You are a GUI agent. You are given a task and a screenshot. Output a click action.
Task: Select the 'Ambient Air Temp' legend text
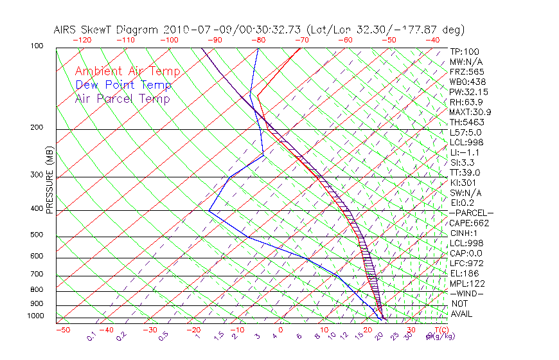(128, 71)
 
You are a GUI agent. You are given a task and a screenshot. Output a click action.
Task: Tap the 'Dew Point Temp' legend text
(123, 85)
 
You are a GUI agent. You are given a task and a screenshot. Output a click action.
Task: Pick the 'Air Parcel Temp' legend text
(123, 98)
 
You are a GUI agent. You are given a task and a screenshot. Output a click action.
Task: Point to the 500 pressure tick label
(37, 235)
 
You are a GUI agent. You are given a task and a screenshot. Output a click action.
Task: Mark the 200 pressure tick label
(37, 128)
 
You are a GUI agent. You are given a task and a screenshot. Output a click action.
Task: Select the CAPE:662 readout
(469, 223)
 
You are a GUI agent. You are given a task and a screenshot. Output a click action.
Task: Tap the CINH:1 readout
(464, 233)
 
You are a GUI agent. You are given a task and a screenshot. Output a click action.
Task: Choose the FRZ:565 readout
(466, 71)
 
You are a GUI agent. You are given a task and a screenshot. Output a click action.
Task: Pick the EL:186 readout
(464, 273)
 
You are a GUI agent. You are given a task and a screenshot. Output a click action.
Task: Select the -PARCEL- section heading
(471, 213)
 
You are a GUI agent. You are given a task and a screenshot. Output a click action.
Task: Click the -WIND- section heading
(466, 293)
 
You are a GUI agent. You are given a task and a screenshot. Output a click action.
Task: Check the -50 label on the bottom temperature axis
(62, 330)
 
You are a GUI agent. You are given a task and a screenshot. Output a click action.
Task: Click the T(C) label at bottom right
(439, 330)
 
